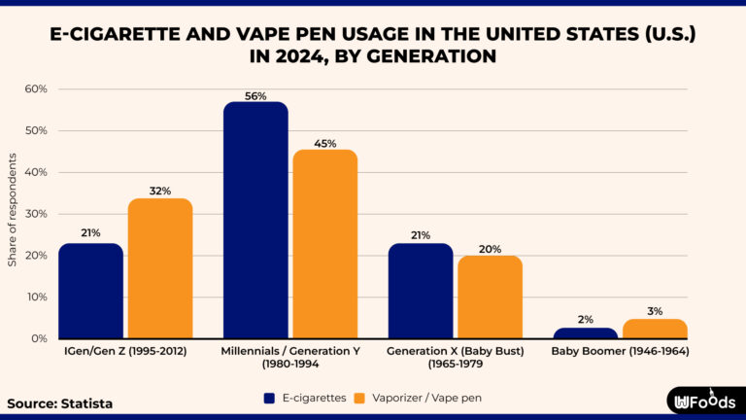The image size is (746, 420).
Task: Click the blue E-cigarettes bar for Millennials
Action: pos(255,221)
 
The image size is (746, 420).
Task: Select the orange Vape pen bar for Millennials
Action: pos(324,244)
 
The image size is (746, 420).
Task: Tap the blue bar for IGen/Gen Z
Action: pos(90,291)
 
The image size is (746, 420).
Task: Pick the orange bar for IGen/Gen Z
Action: pos(160,268)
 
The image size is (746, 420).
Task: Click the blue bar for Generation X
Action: pos(421,291)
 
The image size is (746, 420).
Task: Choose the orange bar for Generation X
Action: pos(490,297)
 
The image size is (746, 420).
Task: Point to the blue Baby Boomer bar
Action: pos(586,332)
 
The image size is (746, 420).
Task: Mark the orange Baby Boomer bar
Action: pos(655,329)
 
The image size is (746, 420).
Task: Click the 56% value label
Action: pos(255,95)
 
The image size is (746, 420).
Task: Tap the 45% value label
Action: pos(324,143)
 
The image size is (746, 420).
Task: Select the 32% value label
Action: pos(160,192)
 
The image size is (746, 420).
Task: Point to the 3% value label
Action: pos(655,311)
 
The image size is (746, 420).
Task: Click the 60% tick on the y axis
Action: pos(36,89)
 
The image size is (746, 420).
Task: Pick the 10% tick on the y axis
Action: pos(36,297)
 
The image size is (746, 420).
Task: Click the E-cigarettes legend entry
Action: pos(305,398)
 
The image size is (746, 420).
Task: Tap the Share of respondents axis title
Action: pos(13,215)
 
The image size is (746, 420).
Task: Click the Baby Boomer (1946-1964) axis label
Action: pos(620,351)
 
